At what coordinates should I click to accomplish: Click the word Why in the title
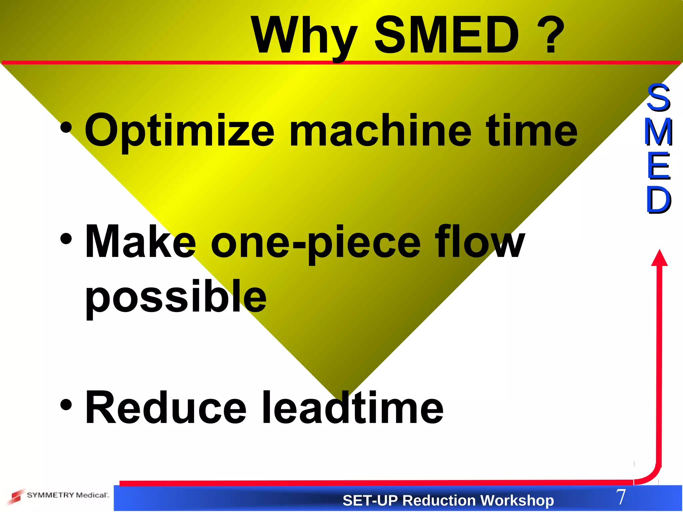pos(303,36)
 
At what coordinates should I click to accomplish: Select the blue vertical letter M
pos(659,132)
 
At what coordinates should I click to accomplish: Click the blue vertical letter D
pos(659,200)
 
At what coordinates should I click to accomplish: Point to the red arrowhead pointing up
pos(659,258)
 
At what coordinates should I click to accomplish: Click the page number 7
pos(621,497)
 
